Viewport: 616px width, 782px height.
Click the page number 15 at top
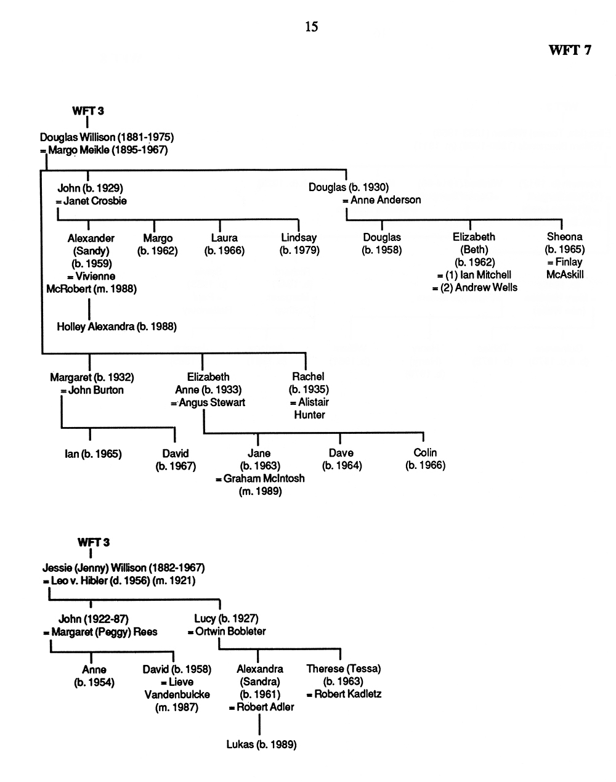tap(311, 26)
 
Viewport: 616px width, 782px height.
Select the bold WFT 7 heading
tap(570, 50)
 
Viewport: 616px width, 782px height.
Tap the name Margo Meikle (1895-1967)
tap(108, 150)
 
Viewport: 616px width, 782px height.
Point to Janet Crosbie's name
tap(95, 201)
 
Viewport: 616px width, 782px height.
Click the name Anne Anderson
tap(386, 200)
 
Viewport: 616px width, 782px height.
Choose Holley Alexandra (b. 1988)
tap(116, 327)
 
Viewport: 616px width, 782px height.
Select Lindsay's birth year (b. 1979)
tap(299, 250)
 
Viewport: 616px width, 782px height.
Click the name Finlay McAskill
tap(565, 268)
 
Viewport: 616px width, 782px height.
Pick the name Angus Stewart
tap(212, 402)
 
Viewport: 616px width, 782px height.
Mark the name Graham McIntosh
tap(264, 478)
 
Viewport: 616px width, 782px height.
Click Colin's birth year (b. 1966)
tap(425, 465)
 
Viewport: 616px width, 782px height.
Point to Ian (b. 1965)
tap(93, 454)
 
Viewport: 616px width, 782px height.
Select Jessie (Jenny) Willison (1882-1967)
tap(123, 568)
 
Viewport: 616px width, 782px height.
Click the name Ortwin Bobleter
tap(230, 631)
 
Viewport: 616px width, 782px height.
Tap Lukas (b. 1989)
tap(262, 744)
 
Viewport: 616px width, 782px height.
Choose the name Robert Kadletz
tap(347, 694)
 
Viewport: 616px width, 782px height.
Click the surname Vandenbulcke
tap(177, 694)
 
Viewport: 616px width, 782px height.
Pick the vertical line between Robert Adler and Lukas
tap(259, 725)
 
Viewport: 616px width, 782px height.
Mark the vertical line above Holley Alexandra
tap(89, 309)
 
